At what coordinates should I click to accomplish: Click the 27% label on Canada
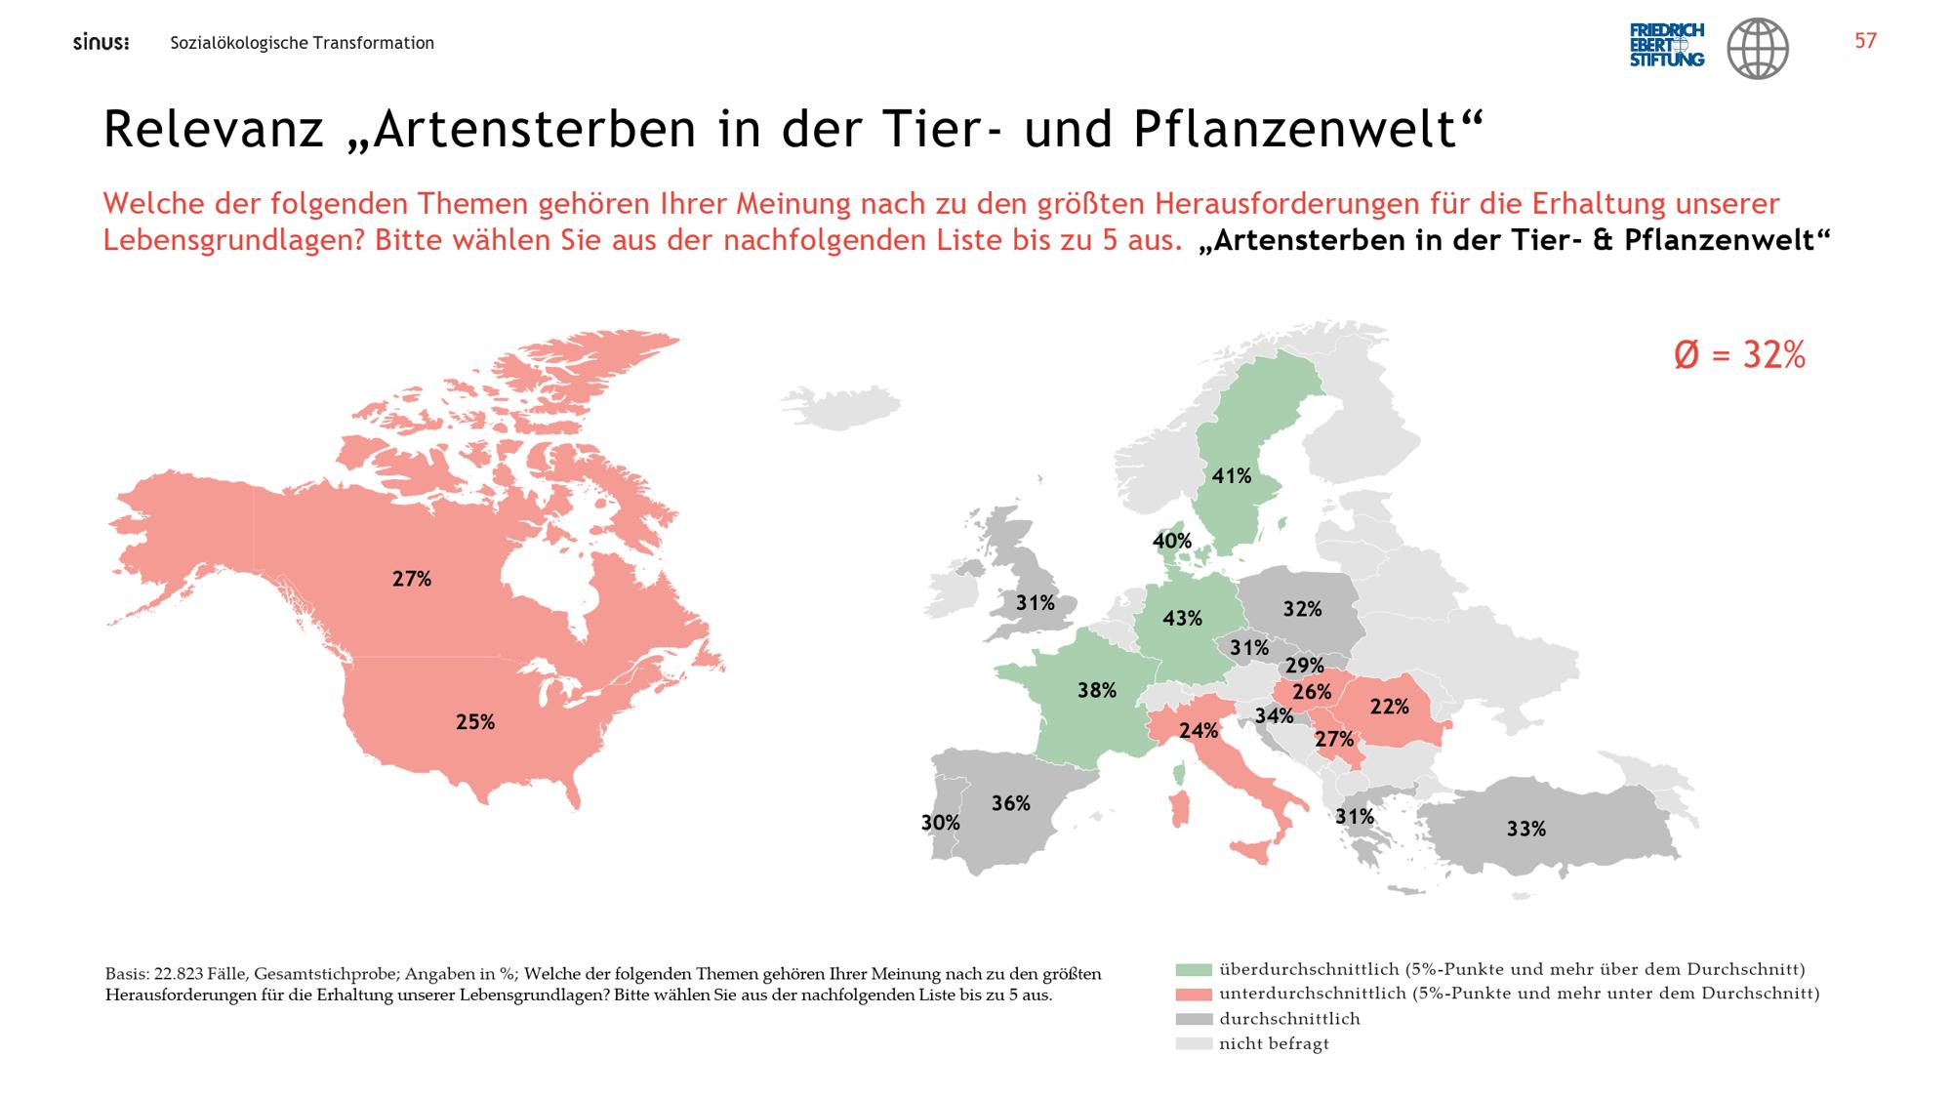point(412,579)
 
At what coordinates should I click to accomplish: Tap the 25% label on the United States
point(475,722)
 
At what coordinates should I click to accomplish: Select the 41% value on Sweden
point(1232,476)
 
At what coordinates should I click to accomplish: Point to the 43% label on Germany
point(1183,618)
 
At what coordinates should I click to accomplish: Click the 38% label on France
point(1097,691)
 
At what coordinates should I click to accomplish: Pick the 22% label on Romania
point(1390,706)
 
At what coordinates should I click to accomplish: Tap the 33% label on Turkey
point(1526,829)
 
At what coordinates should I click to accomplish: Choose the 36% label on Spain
point(1011,803)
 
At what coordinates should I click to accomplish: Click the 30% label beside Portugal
point(941,823)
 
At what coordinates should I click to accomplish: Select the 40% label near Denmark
point(1172,541)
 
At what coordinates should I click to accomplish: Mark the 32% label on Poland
point(1303,609)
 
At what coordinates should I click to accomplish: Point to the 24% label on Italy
point(1199,730)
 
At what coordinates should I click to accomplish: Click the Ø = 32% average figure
point(1740,355)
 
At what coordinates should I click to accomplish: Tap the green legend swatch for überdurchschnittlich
point(1194,970)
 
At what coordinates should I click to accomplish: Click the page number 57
point(1865,41)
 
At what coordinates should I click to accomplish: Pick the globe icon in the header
point(1758,49)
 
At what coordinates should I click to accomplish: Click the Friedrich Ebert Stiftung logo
point(1667,45)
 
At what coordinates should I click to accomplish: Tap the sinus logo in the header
point(102,43)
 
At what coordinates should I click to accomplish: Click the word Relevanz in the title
point(214,130)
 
